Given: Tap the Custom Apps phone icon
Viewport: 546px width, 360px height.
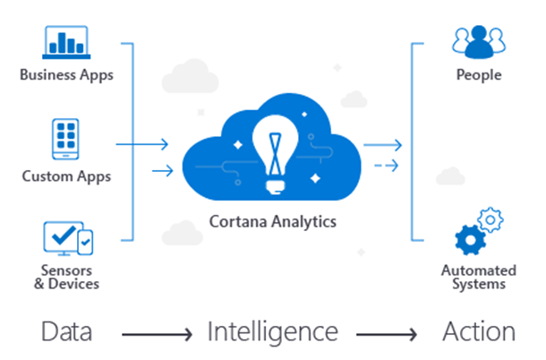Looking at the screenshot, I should pyautogui.click(x=66, y=139).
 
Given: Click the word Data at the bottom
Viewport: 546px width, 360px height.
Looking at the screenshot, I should pyautogui.click(x=66, y=332).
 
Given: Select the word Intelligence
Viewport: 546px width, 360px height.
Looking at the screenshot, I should pyautogui.click(x=272, y=332).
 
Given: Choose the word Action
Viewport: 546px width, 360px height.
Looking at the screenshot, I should pyautogui.click(x=479, y=332).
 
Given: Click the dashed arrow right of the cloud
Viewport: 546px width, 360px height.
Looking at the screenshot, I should pyautogui.click(x=386, y=165).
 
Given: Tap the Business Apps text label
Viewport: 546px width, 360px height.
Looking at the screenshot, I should pyautogui.click(x=66, y=75).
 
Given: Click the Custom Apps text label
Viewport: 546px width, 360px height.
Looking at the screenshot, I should pyautogui.click(x=66, y=176).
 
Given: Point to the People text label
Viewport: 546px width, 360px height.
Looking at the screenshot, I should pyautogui.click(x=478, y=75).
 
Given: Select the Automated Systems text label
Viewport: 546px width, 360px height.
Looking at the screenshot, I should pyautogui.click(x=478, y=277).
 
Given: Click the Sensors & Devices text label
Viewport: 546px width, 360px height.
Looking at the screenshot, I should pyautogui.click(x=66, y=277).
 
